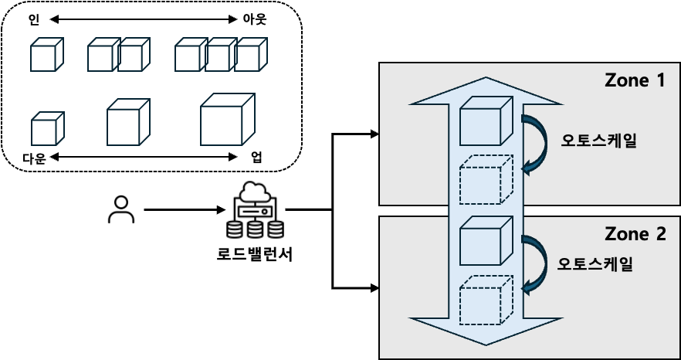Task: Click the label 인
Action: click(x=34, y=20)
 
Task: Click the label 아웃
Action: click(x=254, y=20)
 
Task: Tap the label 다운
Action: click(x=34, y=158)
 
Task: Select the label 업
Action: click(x=256, y=158)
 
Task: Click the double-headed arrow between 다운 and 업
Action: click(x=143, y=157)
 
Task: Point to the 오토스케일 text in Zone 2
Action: click(x=595, y=264)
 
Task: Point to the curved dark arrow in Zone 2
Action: click(x=534, y=264)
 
